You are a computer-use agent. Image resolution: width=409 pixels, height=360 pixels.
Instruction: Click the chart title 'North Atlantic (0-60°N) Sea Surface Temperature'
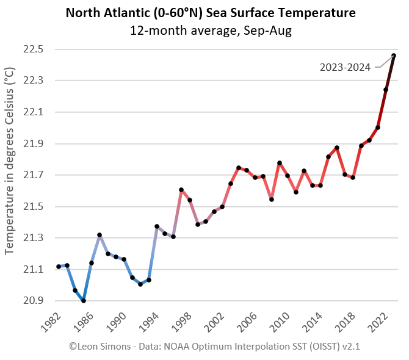(x=211, y=13)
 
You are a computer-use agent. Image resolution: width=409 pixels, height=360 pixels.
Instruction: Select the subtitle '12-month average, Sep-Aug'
(x=211, y=31)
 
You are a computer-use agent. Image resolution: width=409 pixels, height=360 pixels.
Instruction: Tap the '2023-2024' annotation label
(x=345, y=68)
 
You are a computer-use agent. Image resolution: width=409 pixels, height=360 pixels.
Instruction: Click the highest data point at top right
(x=394, y=56)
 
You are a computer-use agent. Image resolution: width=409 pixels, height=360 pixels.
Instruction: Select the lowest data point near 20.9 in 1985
(x=83, y=301)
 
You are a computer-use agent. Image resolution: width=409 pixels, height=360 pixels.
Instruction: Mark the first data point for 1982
(x=59, y=267)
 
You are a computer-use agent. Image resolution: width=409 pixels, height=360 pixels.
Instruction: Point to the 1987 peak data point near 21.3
(x=100, y=235)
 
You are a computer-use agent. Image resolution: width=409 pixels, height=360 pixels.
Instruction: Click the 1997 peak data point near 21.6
(x=181, y=190)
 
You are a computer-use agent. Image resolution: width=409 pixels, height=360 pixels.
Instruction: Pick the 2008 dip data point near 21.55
(x=271, y=200)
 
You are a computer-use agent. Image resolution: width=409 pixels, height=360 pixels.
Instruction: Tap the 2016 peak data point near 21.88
(x=337, y=148)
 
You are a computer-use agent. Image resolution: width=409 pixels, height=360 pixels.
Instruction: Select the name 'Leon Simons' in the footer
(x=102, y=346)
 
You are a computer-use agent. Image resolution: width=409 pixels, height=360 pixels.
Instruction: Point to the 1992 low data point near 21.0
(x=140, y=284)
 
